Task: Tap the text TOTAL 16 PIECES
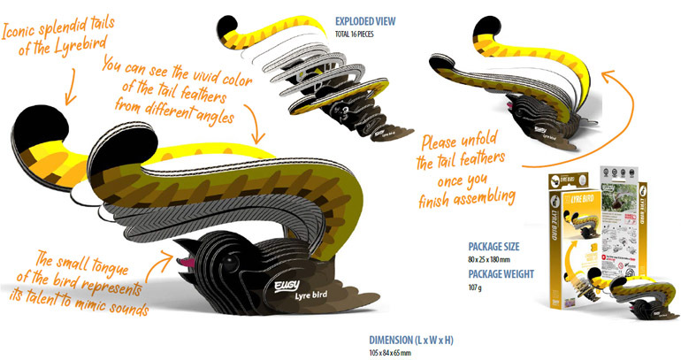362,34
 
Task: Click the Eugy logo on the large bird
276,282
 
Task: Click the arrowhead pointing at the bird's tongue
173,251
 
